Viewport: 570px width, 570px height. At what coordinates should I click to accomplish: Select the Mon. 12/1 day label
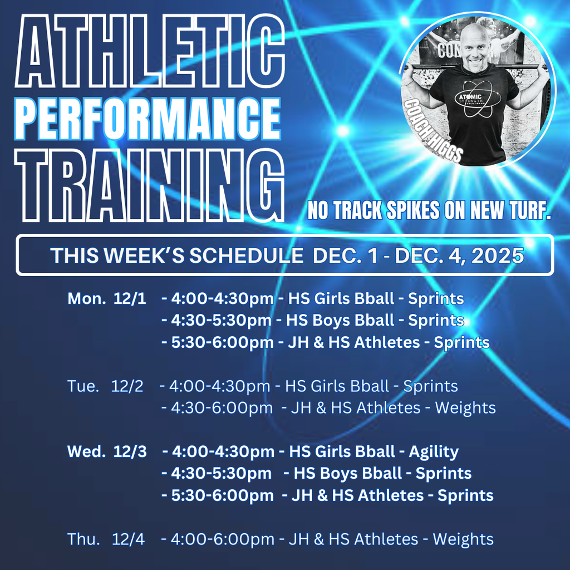[107, 298]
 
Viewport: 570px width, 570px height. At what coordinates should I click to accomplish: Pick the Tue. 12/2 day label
[105, 386]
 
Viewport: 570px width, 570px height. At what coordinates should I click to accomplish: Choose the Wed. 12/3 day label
[107, 451]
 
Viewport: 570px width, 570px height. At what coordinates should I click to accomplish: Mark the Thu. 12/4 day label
[105, 539]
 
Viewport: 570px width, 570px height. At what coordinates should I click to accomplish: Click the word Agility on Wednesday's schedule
[434, 451]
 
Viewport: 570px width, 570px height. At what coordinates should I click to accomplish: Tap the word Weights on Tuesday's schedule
[465, 407]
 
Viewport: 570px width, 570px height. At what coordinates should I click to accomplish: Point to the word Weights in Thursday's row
[463, 539]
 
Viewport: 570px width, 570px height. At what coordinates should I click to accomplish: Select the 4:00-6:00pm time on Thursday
[223, 539]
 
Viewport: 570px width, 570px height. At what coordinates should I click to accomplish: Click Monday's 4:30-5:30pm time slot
[222, 320]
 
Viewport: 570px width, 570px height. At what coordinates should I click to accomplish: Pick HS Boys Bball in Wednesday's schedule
[347, 473]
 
